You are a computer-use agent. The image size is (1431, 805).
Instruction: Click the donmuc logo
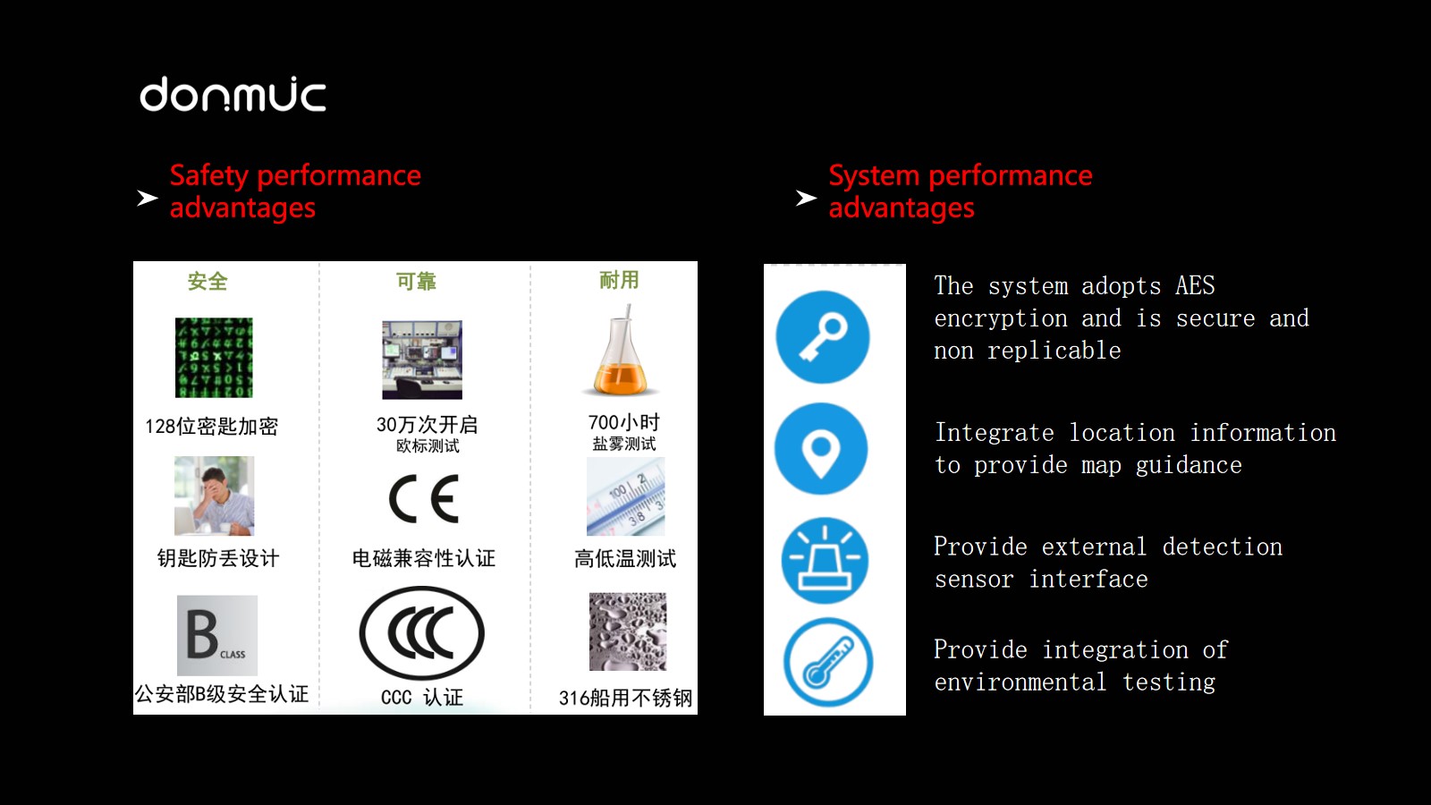pos(233,95)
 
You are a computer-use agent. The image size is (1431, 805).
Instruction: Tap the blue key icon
pos(823,337)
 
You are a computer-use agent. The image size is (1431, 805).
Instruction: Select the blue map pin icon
pos(822,448)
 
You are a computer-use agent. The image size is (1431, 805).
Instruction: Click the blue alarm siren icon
pos(825,560)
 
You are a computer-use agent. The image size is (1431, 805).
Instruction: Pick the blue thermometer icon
pos(828,662)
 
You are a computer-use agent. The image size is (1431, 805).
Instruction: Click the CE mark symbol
pos(424,499)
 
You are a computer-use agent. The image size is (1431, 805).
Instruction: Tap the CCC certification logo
pos(421,633)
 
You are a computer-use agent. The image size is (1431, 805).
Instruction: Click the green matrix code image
pos(214,358)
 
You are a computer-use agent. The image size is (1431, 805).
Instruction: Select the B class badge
pos(217,636)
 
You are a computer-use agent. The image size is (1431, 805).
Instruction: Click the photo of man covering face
pos(214,496)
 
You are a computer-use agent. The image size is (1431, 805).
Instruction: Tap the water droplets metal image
pos(628,631)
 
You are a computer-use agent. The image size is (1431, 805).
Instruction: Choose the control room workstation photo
pos(422,360)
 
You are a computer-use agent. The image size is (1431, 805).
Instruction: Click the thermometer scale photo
pos(626,496)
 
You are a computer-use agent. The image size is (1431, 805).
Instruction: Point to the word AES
pos(1195,285)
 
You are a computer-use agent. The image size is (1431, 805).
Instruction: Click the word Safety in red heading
pos(209,175)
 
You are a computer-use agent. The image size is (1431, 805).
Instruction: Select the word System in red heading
pos(874,175)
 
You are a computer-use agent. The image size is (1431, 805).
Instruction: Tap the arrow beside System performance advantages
pos(806,198)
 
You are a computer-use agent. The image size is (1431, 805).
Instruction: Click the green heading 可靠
pos(416,281)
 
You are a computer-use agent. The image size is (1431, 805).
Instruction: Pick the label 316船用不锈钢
pos(625,698)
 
